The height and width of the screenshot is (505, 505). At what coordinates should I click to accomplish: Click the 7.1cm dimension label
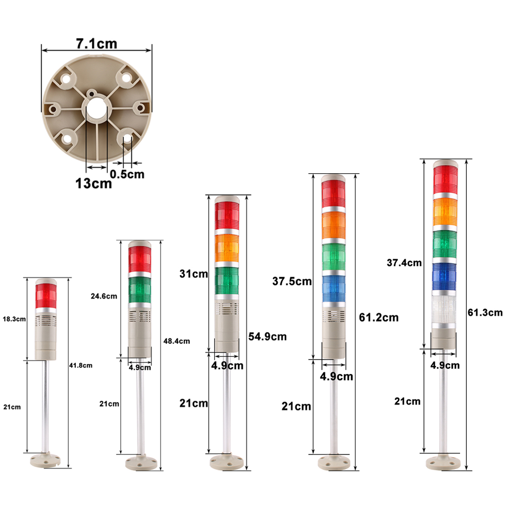96,44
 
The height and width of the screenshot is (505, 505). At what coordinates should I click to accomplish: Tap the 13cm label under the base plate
93,184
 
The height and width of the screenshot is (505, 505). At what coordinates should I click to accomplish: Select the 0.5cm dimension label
127,174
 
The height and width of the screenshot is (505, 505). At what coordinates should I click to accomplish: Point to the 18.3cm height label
14,319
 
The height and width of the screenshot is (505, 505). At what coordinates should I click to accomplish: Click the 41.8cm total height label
80,366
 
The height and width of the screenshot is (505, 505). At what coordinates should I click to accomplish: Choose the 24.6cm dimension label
104,296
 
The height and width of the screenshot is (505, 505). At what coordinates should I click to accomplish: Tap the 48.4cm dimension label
176,341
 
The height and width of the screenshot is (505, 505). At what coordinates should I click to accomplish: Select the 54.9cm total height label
267,336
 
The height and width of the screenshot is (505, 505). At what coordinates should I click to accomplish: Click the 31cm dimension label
193,274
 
